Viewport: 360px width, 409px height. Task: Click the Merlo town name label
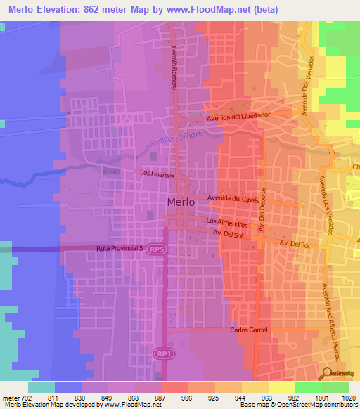click(181, 202)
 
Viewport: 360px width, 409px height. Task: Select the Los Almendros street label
click(227, 222)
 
